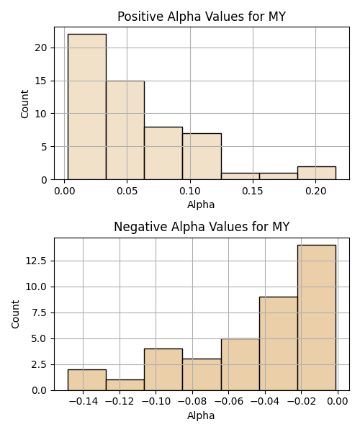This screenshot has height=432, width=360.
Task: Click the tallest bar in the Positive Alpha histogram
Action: [x=87, y=107]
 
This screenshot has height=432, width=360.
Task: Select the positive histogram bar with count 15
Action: [x=125, y=130]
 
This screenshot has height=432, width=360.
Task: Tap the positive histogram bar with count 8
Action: [x=163, y=153]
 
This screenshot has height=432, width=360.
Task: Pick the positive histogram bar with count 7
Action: [x=202, y=156]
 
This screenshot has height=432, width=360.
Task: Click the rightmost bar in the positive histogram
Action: [x=317, y=173]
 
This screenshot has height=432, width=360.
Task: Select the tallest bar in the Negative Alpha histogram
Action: [x=317, y=318]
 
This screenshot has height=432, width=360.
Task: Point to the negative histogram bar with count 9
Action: [x=279, y=343]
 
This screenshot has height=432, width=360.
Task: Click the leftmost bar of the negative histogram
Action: [x=87, y=380]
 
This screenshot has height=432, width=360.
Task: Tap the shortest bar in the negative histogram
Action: [x=125, y=385]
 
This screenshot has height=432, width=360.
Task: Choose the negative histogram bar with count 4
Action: [x=163, y=369]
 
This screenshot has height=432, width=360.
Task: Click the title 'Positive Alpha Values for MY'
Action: [x=202, y=17]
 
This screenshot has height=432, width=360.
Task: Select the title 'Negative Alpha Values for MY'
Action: [x=202, y=227]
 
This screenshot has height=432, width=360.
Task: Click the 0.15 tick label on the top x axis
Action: [x=253, y=191]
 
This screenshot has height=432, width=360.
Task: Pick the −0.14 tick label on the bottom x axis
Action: [x=84, y=402]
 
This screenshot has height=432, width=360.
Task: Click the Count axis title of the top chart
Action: [x=24, y=104]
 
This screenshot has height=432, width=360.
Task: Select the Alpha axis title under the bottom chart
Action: [x=201, y=415]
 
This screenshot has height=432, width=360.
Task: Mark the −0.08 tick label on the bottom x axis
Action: [x=192, y=402]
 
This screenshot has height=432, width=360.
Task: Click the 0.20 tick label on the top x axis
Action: [x=315, y=191]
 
